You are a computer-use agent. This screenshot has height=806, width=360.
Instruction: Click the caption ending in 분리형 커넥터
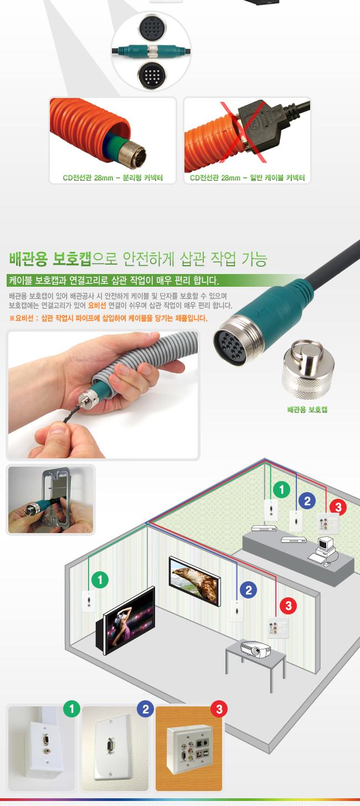pyautogui.click(x=112, y=178)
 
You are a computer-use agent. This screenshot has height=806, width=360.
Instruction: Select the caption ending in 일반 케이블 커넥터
pyautogui.click(x=248, y=178)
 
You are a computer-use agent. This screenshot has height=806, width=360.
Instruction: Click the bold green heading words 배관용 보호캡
pyautogui.click(x=49, y=259)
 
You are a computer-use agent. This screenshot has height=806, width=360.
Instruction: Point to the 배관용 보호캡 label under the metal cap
pyautogui.click(x=307, y=410)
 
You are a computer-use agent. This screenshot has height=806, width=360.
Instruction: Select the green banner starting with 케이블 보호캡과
pyautogui.click(x=114, y=280)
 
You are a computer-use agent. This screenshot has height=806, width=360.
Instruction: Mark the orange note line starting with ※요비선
pyautogui.click(x=108, y=318)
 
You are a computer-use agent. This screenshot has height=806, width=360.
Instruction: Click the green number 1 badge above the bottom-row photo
pyautogui.click(x=71, y=709)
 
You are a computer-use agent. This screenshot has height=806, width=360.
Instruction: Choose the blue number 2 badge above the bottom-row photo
pyautogui.click(x=145, y=709)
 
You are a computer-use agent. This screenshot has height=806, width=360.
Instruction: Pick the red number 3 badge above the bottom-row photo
pyautogui.click(x=219, y=709)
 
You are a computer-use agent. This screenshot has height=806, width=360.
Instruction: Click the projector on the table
pyautogui.click(x=255, y=648)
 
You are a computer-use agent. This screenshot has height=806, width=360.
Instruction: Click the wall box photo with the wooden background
pyautogui.click(x=189, y=748)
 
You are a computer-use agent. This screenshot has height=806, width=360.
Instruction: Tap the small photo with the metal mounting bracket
pyautogui.click(x=50, y=500)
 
